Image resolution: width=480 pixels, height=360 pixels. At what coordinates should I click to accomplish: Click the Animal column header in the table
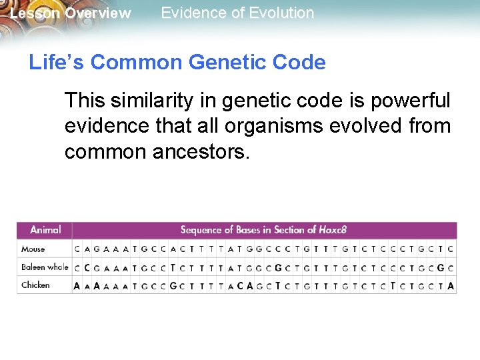point(45,230)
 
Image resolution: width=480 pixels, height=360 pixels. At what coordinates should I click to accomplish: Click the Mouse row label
point(33,249)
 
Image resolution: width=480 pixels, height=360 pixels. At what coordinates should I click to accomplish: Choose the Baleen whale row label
point(45,267)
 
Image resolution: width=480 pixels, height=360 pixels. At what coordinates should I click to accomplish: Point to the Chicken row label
point(35,285)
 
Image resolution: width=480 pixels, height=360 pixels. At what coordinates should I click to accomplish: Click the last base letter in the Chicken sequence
point(451,285)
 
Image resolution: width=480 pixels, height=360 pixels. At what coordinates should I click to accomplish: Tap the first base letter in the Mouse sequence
point(77,249)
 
